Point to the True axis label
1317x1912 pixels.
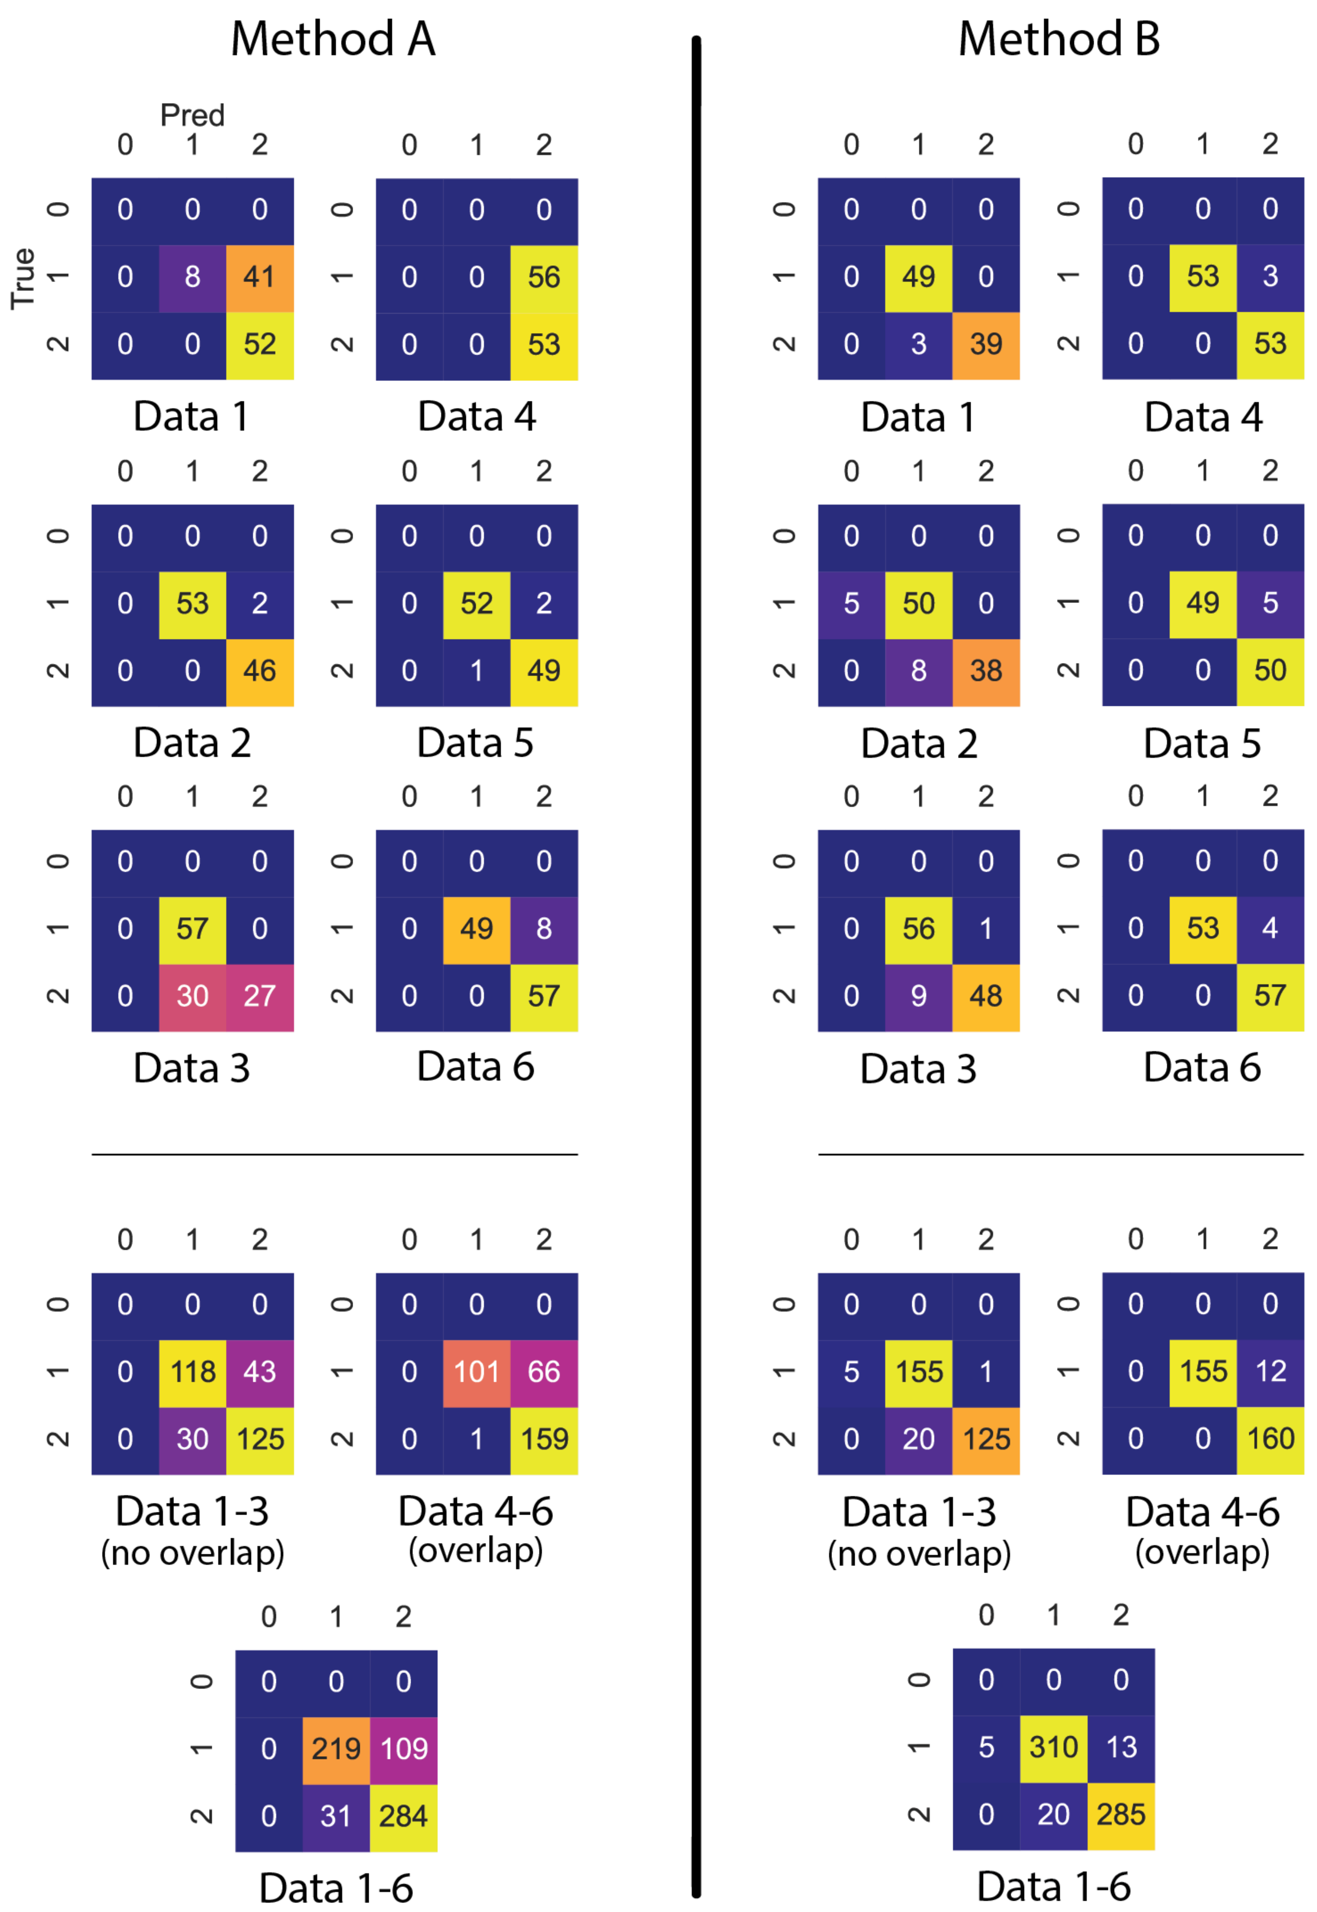pyautogui.click(x=23, y=278)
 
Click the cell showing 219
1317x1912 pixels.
pyautogui.click(x=336, y=1748)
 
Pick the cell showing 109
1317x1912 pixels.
pyautogui.click(x=404, y=1748)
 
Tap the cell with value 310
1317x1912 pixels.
pyautogui.click(x=1054, y=1746)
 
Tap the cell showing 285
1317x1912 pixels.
pyautogui.click(x=1120, y=1814)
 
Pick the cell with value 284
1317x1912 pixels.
pyautogui.click(x=404, y=1815)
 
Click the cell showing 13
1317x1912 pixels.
pyautogui.click(x=1120, y=1746)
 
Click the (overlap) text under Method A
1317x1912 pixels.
pyautogui.click(x=476, y=1551)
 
